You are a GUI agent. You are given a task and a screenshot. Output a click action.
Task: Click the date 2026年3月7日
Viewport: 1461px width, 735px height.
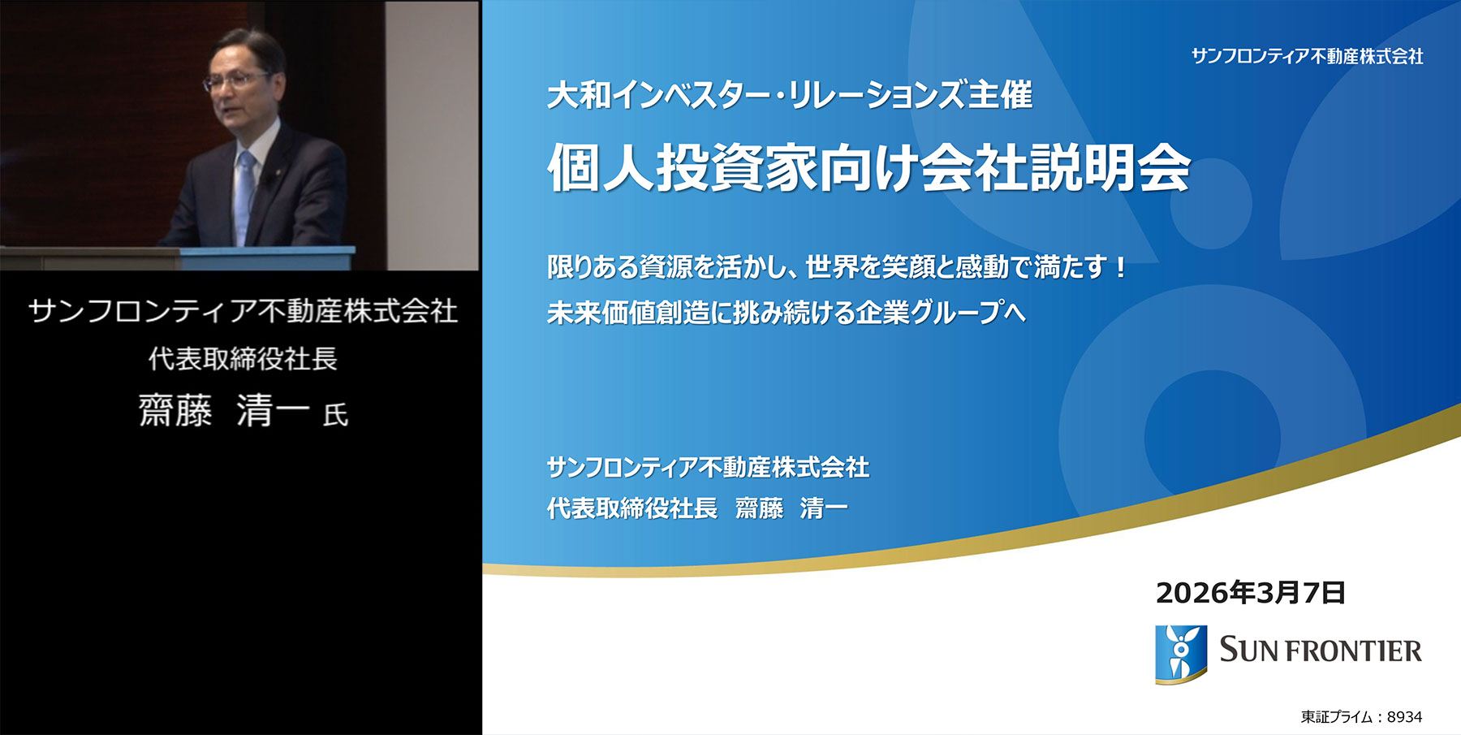[x=1250, y=593]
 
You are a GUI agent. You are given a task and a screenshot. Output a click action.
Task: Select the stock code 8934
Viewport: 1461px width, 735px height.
[x=1404, y=717]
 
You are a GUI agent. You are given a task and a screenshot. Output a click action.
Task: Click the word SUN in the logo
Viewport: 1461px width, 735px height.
[x=1248, y=651]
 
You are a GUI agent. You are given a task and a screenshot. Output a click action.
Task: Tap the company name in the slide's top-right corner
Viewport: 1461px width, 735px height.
[x=1307, y=56]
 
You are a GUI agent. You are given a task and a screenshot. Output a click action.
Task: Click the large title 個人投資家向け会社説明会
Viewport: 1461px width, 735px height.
[x=868, y=169]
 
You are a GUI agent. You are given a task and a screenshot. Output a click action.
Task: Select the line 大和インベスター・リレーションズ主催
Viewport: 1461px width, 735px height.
[x=789, y=96]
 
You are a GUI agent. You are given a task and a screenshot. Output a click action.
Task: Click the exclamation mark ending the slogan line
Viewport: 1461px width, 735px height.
[x=1121, y=266]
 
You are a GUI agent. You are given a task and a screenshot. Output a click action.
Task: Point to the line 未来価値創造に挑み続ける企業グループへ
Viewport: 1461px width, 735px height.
[x=786, y=313]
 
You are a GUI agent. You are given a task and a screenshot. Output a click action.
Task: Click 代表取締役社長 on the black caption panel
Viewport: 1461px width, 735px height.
[x=243, y=359]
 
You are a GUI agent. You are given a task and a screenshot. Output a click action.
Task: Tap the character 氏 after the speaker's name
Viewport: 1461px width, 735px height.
[x=335, y=415]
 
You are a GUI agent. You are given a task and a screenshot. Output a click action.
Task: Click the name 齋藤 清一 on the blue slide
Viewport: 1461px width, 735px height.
[x=791, y=508]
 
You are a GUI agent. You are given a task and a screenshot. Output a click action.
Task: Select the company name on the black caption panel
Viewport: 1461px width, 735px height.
[x=243, y=311]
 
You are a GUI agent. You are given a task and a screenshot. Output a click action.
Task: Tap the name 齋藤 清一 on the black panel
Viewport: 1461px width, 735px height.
[x=224, y=411]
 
